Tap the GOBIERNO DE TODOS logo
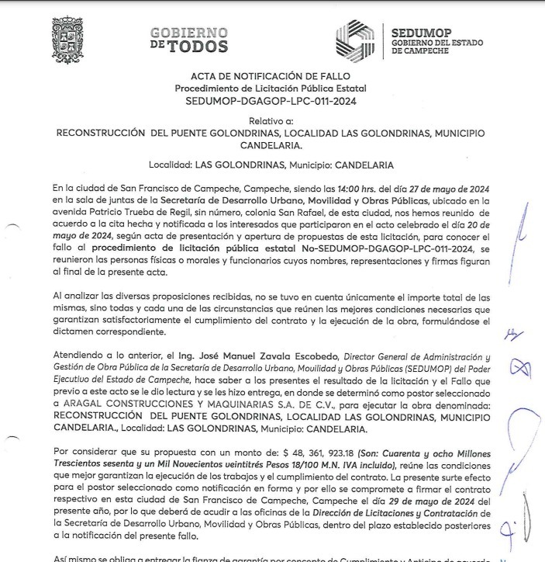point(189,40)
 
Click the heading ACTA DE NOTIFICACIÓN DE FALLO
point(271,76)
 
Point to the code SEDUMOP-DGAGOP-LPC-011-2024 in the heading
point(271,101)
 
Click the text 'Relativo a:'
point(271,121)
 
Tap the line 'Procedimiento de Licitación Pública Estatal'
point(271,88)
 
